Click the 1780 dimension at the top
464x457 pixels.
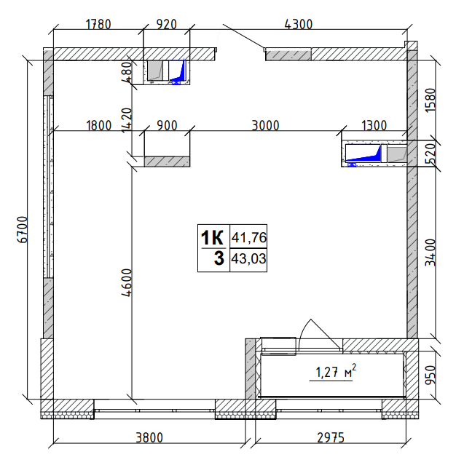point(98,24)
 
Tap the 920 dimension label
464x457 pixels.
point(166,24)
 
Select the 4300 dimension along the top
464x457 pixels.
point(299,24)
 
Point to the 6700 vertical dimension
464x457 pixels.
point(23,229)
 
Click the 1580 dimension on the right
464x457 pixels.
point(430,100)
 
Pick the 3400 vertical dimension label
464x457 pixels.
point(430,253)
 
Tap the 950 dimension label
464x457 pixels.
point(430,375)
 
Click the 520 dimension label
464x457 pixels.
point(430,154)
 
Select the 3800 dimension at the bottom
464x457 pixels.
point(149,437)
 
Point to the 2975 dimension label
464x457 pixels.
point(331,437)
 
